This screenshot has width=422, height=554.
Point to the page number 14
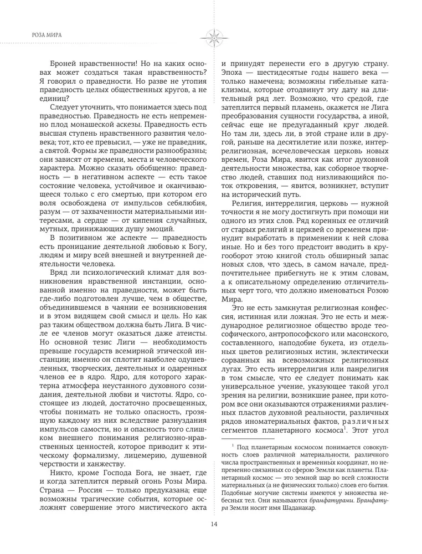point(210,525)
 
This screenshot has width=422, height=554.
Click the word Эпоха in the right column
point(234,74)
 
